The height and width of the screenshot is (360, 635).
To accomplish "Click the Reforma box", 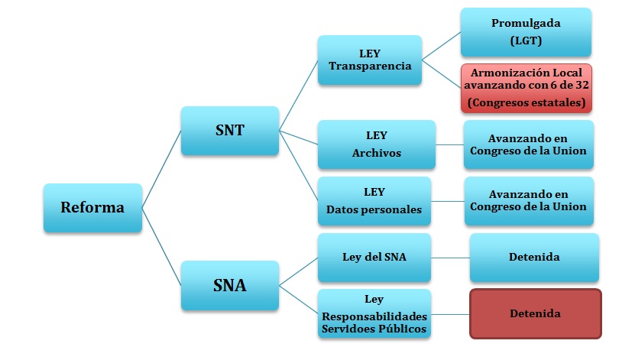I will point(93,207).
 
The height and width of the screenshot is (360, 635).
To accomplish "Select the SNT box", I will point(229,131).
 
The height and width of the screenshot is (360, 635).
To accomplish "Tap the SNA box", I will point(229,287).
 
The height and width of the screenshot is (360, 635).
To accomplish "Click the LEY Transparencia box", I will point(370,60).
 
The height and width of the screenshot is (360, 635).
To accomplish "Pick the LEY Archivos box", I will point(376,144).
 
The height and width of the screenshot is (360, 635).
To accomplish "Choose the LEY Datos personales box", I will point(376,201).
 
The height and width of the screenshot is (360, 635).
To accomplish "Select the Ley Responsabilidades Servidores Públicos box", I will point(374,313).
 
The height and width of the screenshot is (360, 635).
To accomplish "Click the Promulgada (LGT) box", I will point(526,32).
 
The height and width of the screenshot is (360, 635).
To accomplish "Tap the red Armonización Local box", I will point(526,87).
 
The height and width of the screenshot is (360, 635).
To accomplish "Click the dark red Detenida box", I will point(535,313).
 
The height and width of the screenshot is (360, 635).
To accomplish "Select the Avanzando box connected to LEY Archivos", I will point(528,144).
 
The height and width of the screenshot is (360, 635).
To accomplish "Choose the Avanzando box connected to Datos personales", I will point(528,201).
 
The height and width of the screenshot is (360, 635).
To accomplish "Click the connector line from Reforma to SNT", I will point(161,169).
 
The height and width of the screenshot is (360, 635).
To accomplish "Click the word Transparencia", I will point(370,66).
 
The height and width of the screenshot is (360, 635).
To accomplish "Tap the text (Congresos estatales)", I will point(526,102).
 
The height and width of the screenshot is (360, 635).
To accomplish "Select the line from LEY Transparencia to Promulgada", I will point(441,45).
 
